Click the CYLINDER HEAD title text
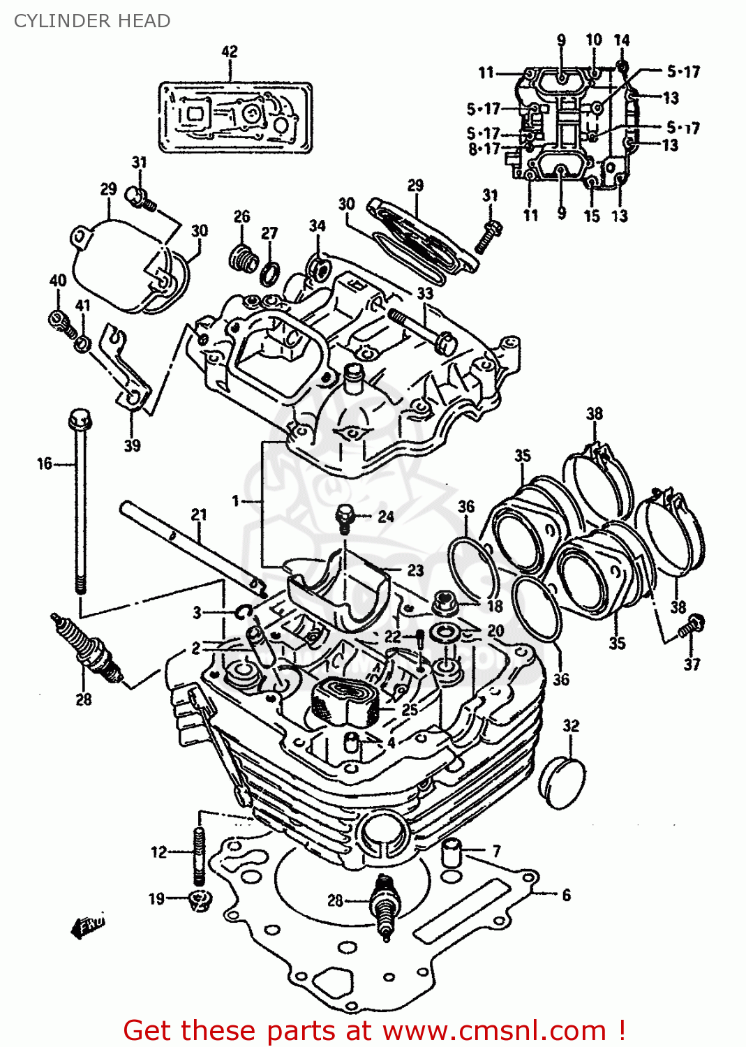click(91, 21)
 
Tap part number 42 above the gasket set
click(230, 52)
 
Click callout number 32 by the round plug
click(571, 726)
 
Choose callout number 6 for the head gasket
click(566, 895)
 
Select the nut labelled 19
click(200, 900)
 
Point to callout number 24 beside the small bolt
click(386, 517)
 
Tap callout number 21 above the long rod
click(199, 514)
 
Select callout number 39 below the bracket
click(132, 445)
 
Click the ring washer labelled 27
click(270, 274)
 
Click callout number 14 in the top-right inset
click(622, 40)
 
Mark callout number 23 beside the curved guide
click(415, 570)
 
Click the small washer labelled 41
click(82, 343)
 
